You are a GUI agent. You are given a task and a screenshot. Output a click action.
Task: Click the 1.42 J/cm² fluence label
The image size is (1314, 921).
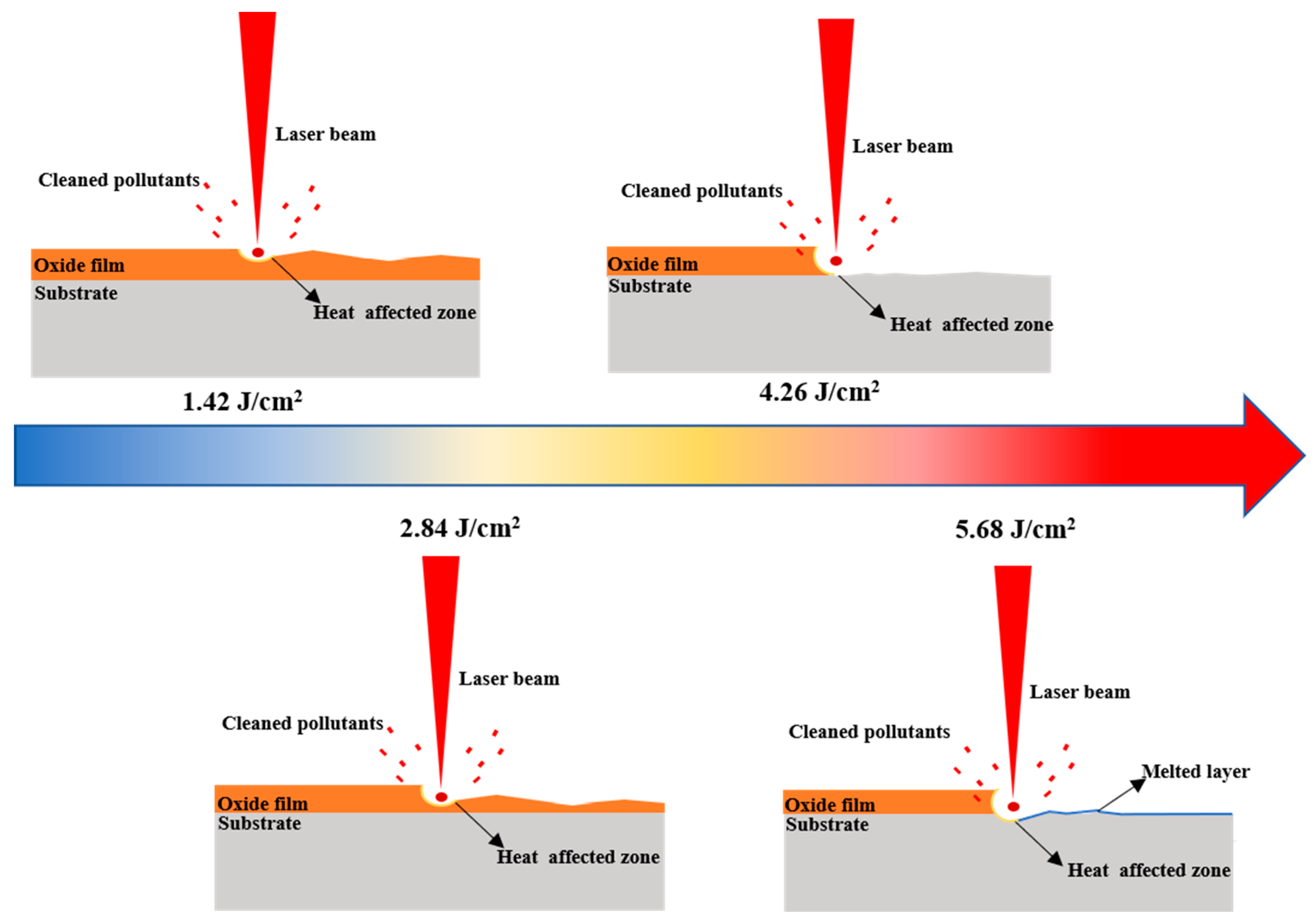click(242, 401)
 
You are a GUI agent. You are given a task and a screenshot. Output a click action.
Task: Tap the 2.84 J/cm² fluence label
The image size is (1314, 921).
click(460, 527)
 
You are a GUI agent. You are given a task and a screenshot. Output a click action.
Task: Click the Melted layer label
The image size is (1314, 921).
click(1196, 771)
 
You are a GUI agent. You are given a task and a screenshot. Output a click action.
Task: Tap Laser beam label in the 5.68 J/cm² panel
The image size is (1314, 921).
click(1080, 692)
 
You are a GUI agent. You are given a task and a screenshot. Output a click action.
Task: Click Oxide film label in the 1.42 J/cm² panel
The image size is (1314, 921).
click(79, 266)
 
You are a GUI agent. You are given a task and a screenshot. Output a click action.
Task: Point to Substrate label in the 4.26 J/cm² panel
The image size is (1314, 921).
click(650, 286)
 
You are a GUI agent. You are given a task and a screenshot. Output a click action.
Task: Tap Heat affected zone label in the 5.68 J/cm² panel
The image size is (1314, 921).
click(1148, 870)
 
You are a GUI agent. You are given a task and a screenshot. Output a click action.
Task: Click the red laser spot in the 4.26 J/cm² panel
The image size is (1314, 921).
click(835, 261)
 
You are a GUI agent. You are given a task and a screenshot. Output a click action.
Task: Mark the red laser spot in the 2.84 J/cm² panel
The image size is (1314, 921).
click(440, 797)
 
